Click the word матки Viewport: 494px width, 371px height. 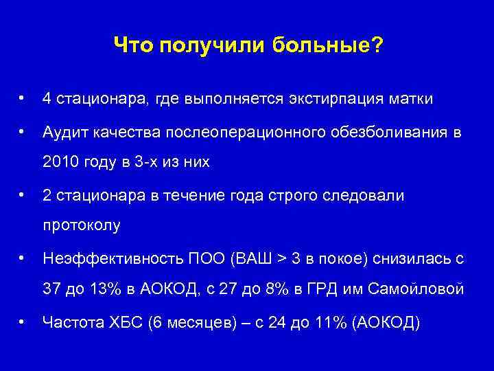click(412, 99)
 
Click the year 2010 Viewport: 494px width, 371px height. click(58, 163)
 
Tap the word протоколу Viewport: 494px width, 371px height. click(81, 225)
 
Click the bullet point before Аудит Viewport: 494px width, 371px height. click(23, 131)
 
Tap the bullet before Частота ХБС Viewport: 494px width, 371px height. click(23, 321)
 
